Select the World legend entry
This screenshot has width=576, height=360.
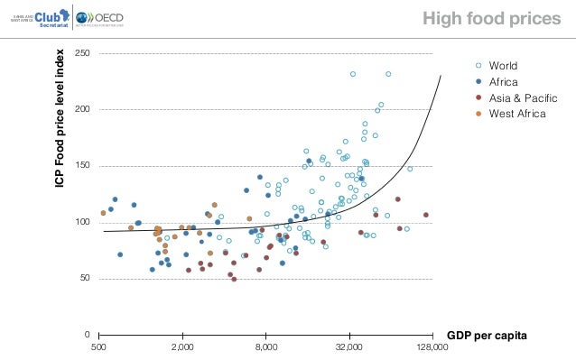503,67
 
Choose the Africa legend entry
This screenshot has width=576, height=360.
503,82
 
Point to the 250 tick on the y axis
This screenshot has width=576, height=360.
82,54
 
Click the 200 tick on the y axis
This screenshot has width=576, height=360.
82,110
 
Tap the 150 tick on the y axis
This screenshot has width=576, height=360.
82,166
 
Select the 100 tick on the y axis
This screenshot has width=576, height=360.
82,222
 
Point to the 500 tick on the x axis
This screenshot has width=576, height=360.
99,346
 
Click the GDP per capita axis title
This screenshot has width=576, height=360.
493,335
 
